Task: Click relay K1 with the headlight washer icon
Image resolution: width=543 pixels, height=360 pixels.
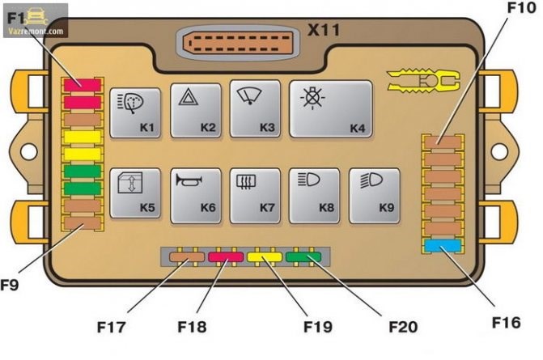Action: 134,112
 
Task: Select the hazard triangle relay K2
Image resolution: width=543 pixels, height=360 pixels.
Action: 196,110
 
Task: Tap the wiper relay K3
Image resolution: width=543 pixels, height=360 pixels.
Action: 255,108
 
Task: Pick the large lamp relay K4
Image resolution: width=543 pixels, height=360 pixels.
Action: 330,108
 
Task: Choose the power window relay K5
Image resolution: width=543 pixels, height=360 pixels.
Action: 134,194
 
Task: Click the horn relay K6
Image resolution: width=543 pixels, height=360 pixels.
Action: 196,194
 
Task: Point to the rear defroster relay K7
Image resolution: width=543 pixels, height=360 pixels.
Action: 255,194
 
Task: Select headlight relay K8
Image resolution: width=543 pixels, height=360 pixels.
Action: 315,194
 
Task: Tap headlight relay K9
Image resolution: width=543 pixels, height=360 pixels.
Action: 375,194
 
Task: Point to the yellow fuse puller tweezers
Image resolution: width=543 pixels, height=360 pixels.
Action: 422,80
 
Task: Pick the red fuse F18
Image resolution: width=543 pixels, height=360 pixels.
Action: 226,258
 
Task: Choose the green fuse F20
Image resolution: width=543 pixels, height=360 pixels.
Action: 303,258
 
